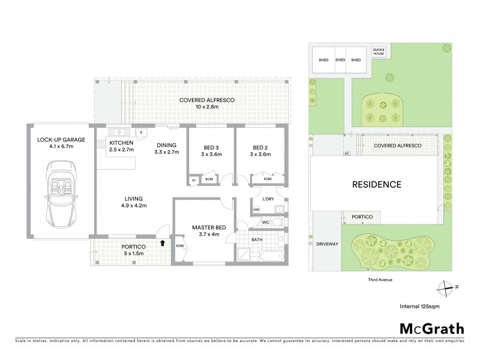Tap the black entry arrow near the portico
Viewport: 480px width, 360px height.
[163, 243]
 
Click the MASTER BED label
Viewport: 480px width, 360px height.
[209, 227]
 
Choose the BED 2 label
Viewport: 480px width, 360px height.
[259, 148]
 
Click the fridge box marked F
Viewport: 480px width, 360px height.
[140, 132]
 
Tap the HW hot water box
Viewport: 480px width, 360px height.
[256, 209]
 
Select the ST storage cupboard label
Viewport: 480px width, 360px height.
[194, 179]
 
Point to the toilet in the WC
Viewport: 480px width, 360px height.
[276, 223]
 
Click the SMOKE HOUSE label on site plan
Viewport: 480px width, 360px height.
[379, 52]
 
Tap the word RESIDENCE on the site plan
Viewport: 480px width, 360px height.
[377, 184]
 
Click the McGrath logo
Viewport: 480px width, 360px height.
[431, 328]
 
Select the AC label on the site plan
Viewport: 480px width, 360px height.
[346, 153]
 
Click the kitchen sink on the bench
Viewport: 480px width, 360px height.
[119, 131]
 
